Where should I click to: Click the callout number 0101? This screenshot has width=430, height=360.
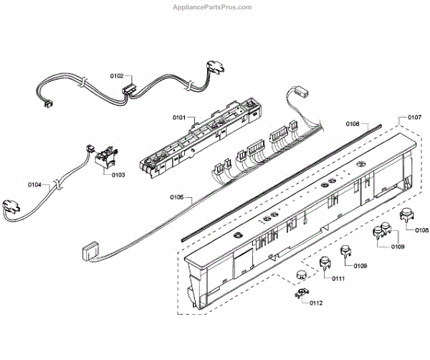(x=178, y=117)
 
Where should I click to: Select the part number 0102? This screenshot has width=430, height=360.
(x=117, y=75)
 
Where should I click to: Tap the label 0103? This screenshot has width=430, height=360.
(x=117, y=174)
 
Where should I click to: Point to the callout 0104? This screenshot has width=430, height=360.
(x=35, y=185)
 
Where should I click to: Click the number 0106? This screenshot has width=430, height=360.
(x=353, y=124)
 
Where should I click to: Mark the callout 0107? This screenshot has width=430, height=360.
(x=414, y=117)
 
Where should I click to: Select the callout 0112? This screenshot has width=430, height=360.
(x=315, y=303)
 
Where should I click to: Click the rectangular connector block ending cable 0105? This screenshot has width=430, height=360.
(x=89, y=251)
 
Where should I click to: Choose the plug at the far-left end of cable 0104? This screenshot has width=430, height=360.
(x=13, y=207)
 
